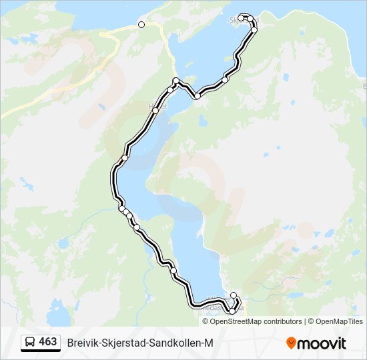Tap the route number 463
(48, 341)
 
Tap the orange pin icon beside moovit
(291, 343)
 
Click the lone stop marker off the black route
(141, 25)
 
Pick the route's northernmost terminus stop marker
(241, 17)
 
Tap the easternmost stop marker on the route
(254, 30)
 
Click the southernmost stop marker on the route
(232, 311)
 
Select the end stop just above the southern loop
(234, 295)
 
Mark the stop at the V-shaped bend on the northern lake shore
(198, 97)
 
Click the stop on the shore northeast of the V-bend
(225, 79)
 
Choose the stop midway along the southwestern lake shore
(173, 271)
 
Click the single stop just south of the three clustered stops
(137, 228)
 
